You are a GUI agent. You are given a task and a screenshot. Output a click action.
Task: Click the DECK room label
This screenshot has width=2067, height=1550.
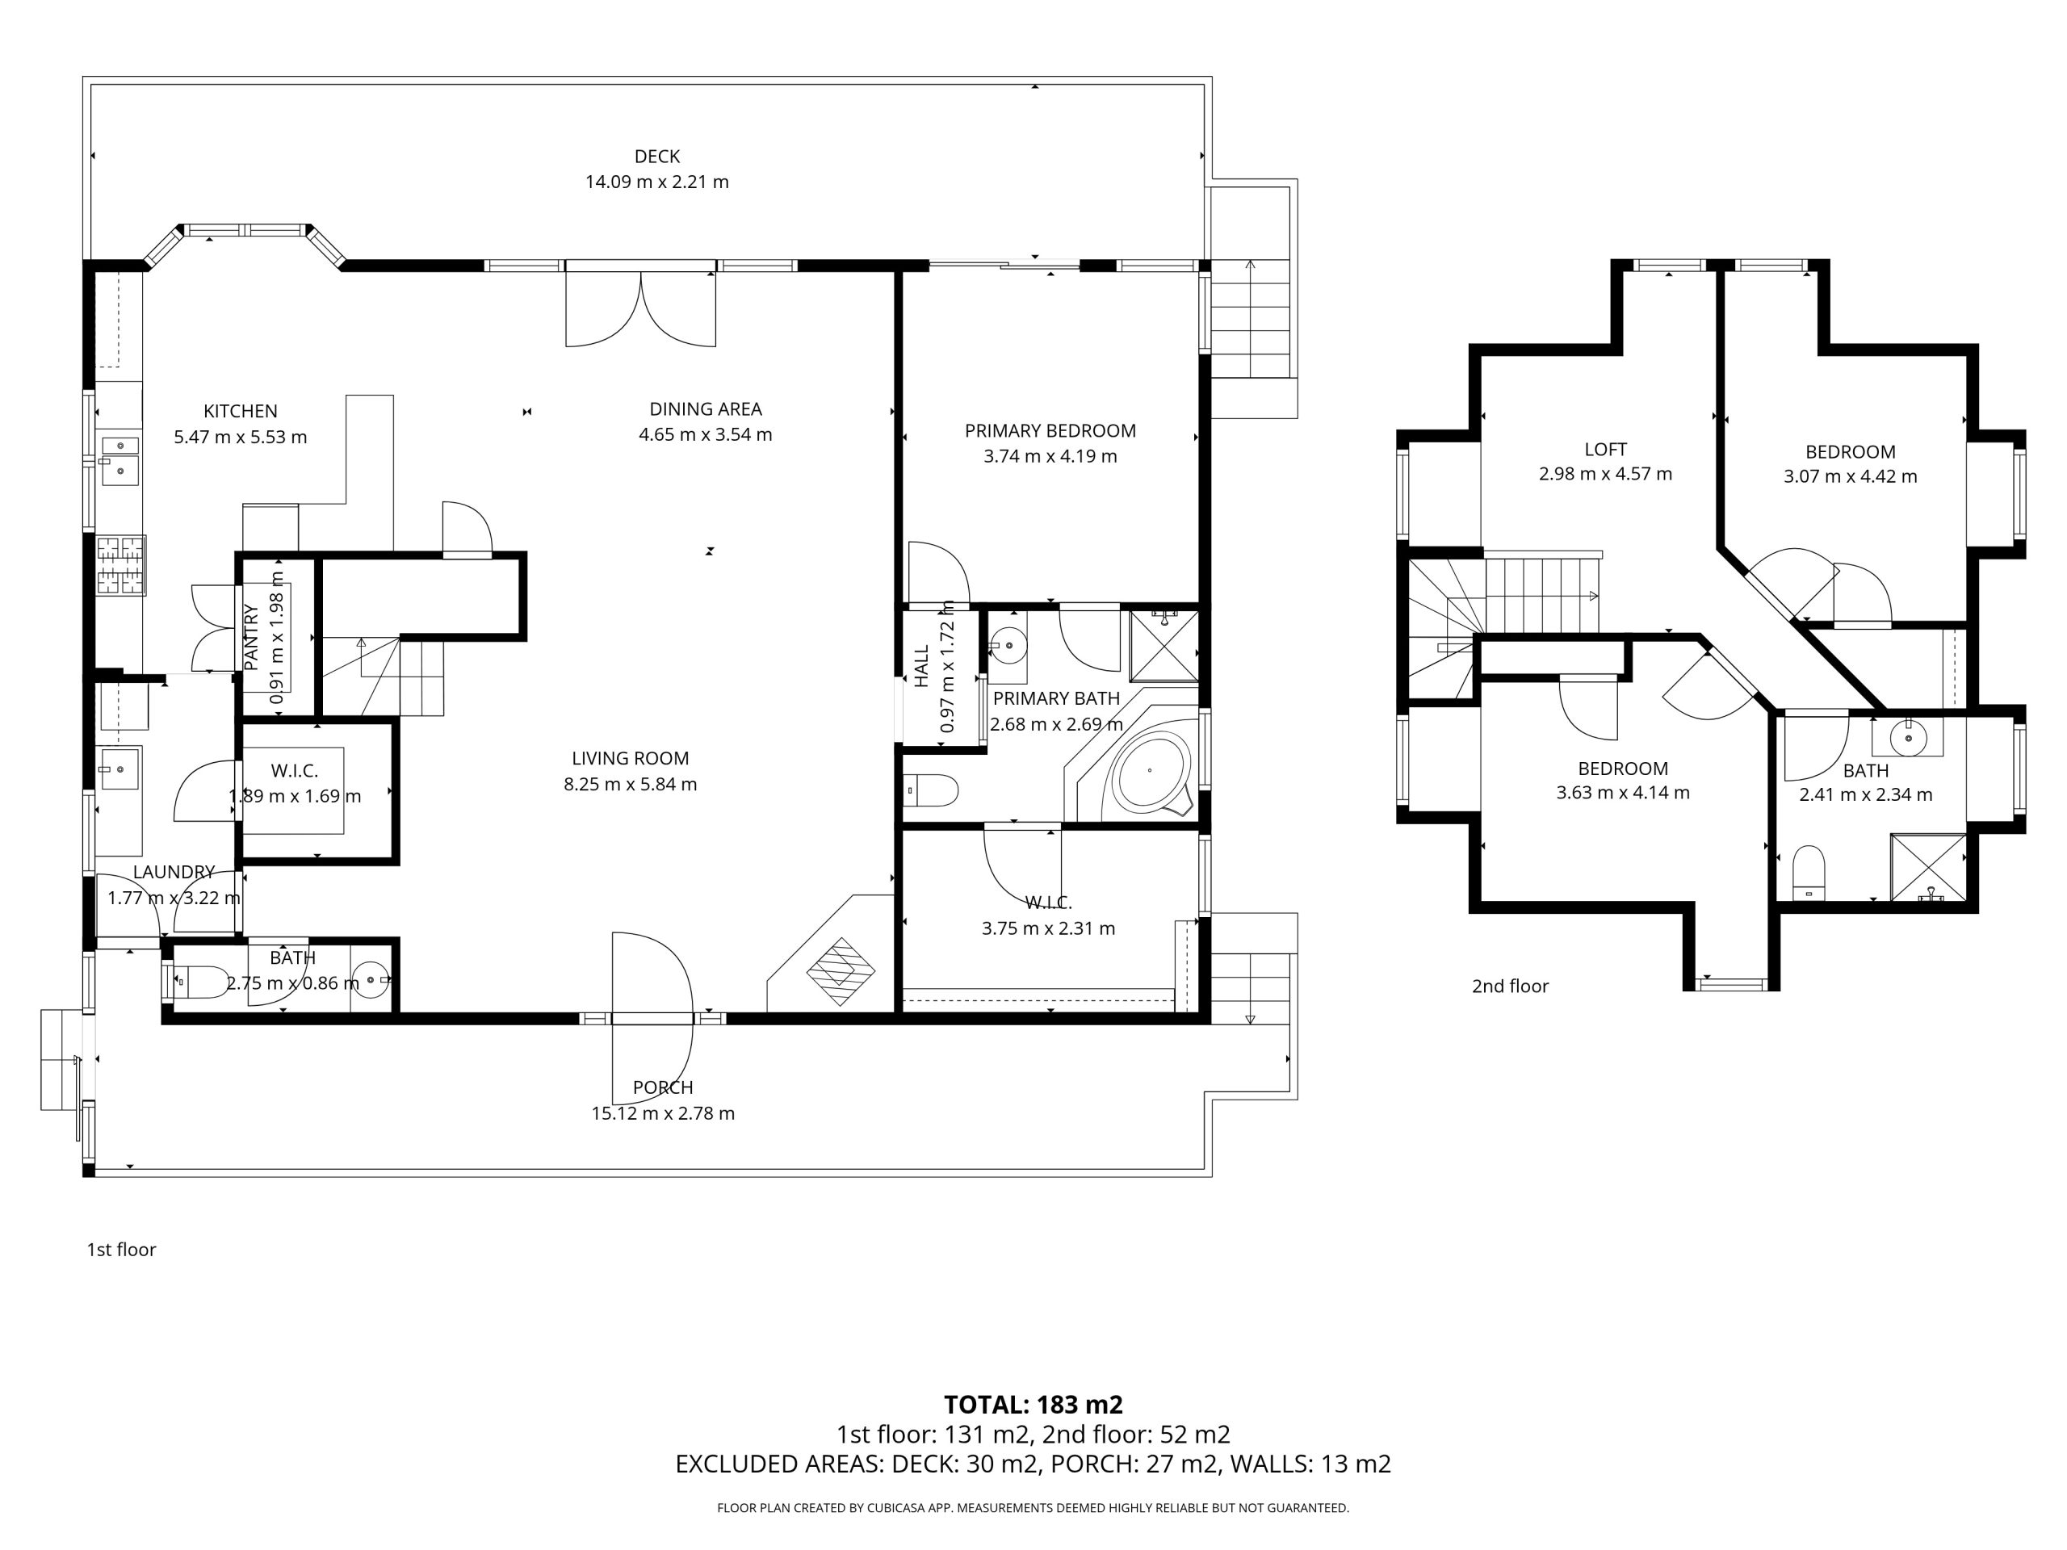click(x=657, y=156)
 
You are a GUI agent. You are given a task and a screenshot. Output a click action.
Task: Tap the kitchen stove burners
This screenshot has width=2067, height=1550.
click(x=121, y=564)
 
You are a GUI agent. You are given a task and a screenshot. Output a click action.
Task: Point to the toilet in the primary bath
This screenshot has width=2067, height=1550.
click(x=932, y=790)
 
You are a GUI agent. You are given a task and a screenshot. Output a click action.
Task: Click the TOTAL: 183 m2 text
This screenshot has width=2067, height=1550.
click(x=1033, y=1404)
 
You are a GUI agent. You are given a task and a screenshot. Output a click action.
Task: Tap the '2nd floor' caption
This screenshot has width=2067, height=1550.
click(x=1510, y=986)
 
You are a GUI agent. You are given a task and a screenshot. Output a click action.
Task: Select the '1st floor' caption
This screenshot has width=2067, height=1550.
click(x=121, y=1249)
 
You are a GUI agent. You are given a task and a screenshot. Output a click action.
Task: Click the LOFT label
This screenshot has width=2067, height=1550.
click(x=1605, y=450)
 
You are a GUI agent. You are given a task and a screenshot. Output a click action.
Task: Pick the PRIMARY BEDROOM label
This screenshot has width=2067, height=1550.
click(x=1050, y=431)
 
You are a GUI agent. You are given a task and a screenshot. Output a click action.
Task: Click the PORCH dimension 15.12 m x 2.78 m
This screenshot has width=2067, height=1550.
click(x=663, y=1112)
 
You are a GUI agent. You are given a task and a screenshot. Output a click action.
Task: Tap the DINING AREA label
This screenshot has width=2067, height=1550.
click(x=706, y=408)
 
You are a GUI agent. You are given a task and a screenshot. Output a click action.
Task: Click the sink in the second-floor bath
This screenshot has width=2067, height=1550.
click(x=1908, y=738)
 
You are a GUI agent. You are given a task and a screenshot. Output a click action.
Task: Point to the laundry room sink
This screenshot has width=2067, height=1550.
click(x=119, y=768)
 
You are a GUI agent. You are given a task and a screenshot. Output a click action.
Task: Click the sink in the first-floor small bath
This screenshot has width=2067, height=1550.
click(x=373, y=980)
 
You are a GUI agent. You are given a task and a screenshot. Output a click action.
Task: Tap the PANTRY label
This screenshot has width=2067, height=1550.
click(x=250, y=637)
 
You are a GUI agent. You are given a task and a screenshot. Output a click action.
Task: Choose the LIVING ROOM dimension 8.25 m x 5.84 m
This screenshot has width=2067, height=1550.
click(x=630, y=784)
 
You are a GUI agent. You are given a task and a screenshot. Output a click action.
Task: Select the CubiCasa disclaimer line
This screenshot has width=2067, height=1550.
click(x=1033, y=1507)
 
